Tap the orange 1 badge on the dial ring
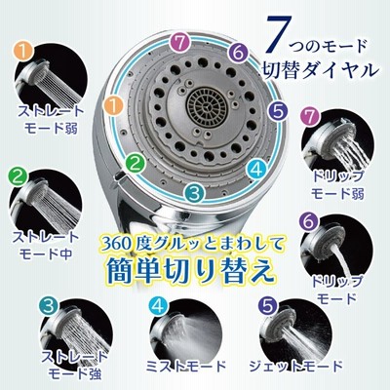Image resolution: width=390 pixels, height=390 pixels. (114, 106)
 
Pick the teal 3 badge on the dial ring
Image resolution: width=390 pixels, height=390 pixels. (195, 193)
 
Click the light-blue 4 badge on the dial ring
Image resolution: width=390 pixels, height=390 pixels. (256, 169)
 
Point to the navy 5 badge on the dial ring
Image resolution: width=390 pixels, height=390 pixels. (279, 110)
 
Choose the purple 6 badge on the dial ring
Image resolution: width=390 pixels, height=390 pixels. (238, 53)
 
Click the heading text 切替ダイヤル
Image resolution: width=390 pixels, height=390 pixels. (320, 69)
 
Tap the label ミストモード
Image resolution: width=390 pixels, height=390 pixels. (185, 367)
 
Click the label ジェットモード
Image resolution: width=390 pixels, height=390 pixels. (295, 367)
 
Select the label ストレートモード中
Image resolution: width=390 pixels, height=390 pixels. (46, 245)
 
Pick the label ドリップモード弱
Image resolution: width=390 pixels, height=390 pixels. (337, 184)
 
